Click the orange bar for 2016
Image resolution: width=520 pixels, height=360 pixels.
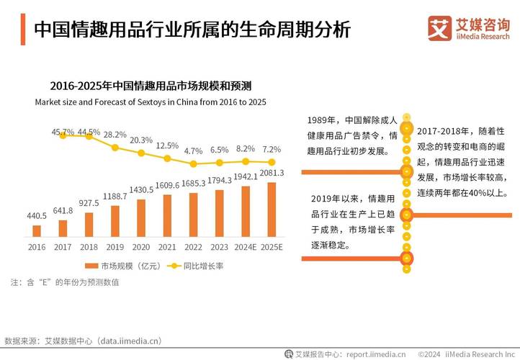click(37, 230)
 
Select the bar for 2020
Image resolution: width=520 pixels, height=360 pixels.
click(141, 217)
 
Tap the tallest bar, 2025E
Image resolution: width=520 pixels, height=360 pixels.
click(272, 209)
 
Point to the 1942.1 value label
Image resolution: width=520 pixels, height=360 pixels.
click(246, 176)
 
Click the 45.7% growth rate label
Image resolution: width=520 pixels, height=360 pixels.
click(63, 132)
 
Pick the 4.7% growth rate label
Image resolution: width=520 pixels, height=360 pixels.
click(193, 151)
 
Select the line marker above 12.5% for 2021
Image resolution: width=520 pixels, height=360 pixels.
click(169, 158)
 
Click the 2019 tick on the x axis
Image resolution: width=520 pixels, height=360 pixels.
click(115, 247)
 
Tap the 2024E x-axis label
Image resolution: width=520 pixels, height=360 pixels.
click(245, 247)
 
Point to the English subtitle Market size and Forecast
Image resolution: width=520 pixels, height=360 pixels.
click(151, 102)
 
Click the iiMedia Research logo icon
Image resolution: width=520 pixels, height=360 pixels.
click(439, 29)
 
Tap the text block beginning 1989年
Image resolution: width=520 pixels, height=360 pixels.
click(351, 135)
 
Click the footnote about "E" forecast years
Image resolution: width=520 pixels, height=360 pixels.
click(64, 282)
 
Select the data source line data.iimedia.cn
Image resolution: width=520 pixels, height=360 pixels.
click(83, 341)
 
